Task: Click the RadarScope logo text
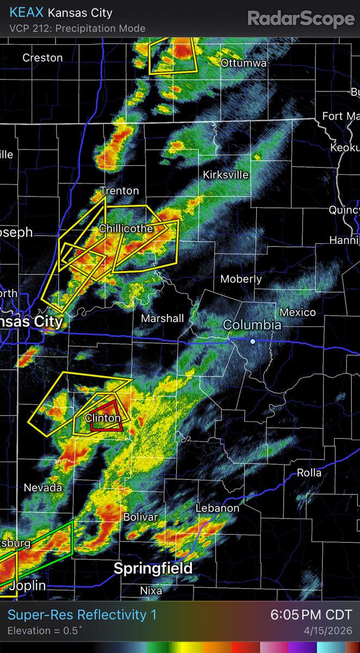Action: (x=301, y=19)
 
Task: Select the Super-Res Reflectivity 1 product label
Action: (x=82, y=615)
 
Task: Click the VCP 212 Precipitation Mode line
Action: (x=77, y=28)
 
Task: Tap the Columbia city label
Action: (x=252, y=325)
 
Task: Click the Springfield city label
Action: (x=153, y=569)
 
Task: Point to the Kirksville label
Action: (x=225, y=175)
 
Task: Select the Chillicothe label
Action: (x=126, y=229)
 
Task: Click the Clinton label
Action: (x=103, y=418)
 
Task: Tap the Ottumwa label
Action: (x=244, y=63)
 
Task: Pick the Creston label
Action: (x=42, y=58)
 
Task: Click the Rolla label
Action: (x=309, y=473)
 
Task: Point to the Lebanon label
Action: (x=218, y=508)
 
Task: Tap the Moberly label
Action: (x=241, y=279)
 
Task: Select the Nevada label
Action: (x=42, y=488)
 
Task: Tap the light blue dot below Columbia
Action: (x=253, y=341)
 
